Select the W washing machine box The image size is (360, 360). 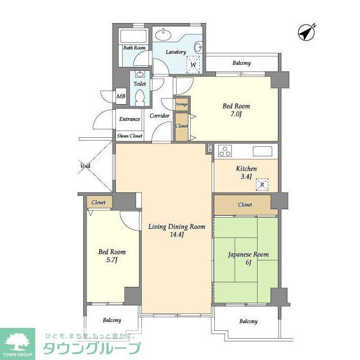193,65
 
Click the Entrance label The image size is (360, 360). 129,119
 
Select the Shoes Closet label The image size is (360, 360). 129,136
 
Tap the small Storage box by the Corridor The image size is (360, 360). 182,105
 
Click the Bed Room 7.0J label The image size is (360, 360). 236,110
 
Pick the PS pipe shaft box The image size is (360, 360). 209,148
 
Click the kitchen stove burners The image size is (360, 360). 225,151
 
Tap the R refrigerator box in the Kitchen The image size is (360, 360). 262,184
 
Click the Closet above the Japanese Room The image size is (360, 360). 245,205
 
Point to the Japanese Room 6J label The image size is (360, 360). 248,258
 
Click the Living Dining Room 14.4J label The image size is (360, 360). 177,231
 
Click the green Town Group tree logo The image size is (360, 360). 17,341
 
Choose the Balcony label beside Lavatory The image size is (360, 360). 241,63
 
